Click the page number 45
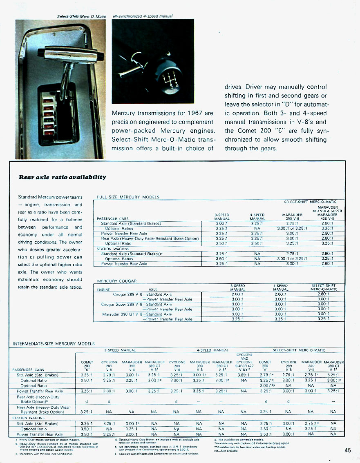click(x=348, y=450)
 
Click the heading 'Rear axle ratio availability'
click(x=62, y=177)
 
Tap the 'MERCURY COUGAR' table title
click(x=116, y=281)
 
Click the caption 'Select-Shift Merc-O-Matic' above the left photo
click(x=81, y=16)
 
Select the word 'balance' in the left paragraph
click(x=74, y=220)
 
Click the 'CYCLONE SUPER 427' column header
click(x=244, y=364)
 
